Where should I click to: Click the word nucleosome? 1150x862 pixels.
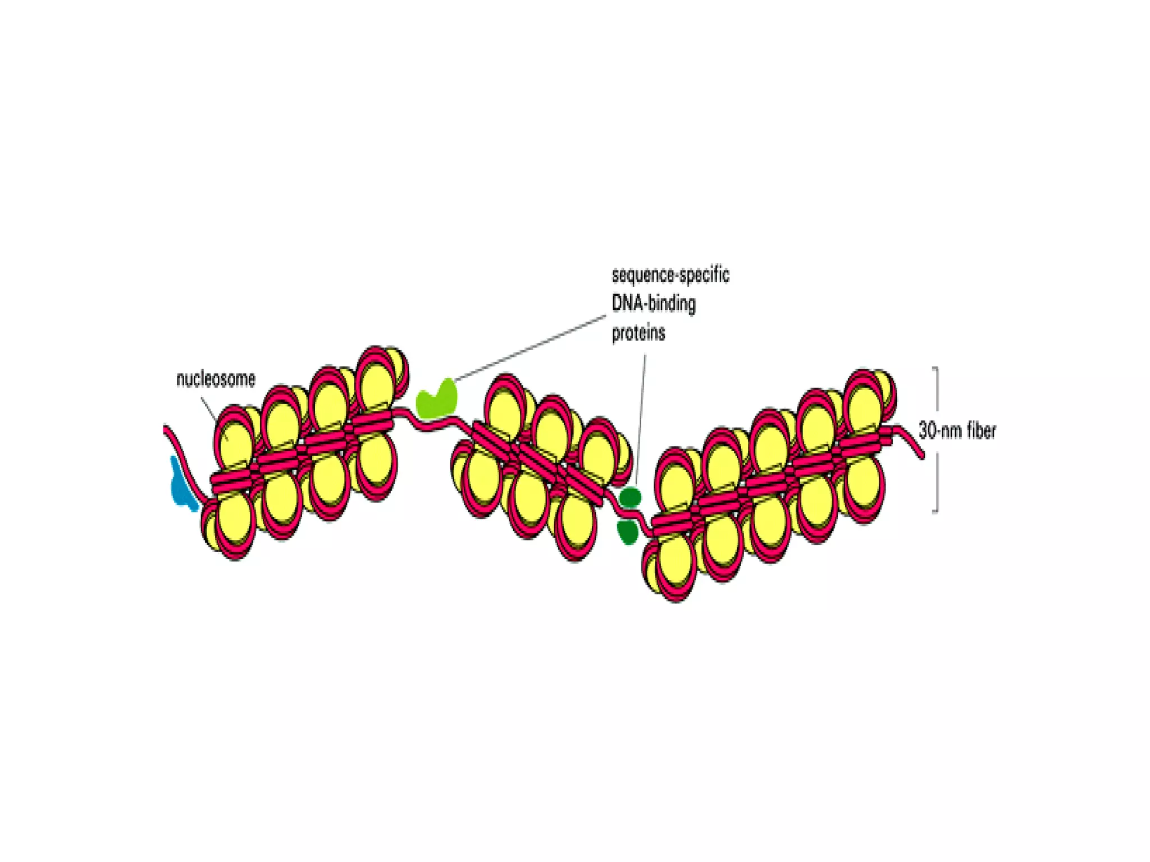pyautogui.click(x=216, y=379)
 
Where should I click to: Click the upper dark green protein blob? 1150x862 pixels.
pyautogui.click(x=630, y=497)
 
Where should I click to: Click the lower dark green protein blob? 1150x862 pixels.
pyautogui.click(x=627, y=531)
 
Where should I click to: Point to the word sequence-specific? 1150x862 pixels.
pyautogui.click(x=670, y=275)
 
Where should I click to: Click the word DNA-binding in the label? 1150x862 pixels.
pyautogui.click(x=654, y=304)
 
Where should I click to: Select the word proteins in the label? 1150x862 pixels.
pyautogui.click(x=638, y=333)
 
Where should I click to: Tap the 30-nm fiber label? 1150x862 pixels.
pyautogui.click(x=957, y=430)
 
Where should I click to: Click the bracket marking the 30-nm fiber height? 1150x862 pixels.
pyautogui.click(x=937, y=393)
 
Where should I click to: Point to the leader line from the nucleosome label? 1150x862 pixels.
pyautogui.click(x=208, y=408)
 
